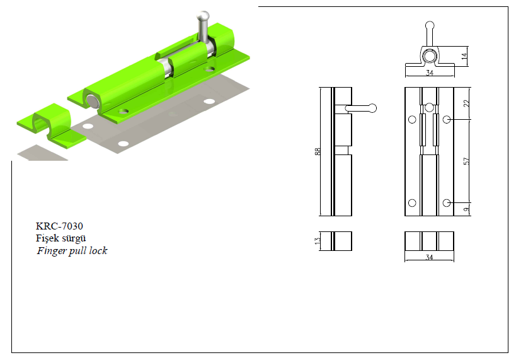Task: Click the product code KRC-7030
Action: [x=59, y=226]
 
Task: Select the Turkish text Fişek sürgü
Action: [x=61, y=238]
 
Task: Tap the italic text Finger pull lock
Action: [x=72, y=251]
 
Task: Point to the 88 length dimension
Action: [x=318, y=151]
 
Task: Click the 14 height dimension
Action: [x=464, y=56]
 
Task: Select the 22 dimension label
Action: [x=466, y=103]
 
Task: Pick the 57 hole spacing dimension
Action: [x=466, y=161]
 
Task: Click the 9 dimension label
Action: [x=466, y=209]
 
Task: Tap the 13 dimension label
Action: [x=318, y=241]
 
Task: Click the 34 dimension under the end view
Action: [x=430, y=73]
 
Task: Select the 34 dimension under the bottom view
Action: [x=429, y=257]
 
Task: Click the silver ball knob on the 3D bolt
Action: [x=203, y=16]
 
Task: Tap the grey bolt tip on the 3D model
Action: [x=93, y=101]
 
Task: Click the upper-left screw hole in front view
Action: [x=412, y=120]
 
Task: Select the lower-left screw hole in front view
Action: [x=412, y=203]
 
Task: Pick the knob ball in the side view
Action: [x=372, y=108]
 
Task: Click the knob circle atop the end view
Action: [x=430, y=25]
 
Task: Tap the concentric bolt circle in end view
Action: [x=429, y=56]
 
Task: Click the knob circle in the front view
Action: [x=429, y=107]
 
